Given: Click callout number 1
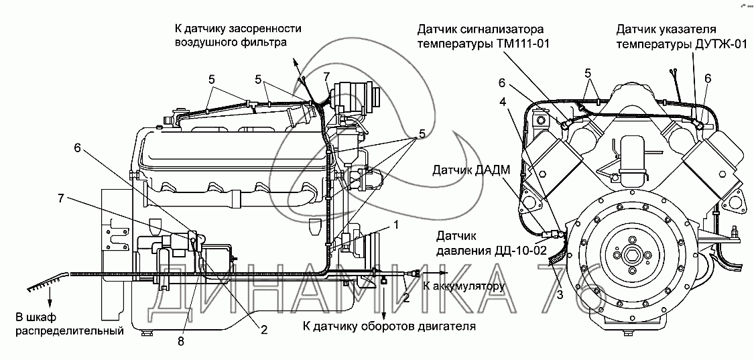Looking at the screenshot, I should pos(396,225).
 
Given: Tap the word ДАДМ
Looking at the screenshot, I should pos(497,172).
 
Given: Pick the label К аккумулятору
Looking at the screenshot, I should pos(463,287).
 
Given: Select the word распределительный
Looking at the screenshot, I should pos(72,331).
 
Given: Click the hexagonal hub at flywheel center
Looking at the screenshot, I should pos(632,255).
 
